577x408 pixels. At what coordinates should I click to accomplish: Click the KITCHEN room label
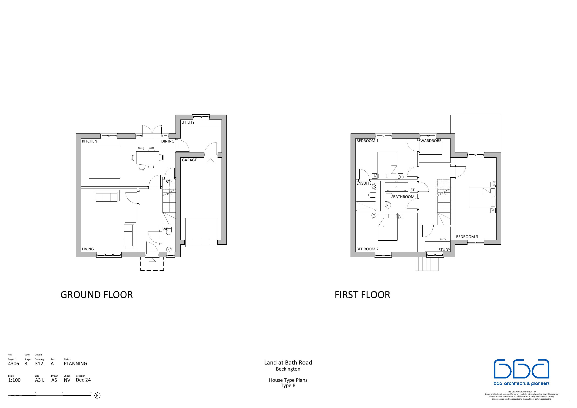click(90, 141)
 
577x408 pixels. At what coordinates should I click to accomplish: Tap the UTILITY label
click(188, 123)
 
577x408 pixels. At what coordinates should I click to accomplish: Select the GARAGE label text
click(189, 160)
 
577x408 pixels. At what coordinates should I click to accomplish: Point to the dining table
click(148, 157)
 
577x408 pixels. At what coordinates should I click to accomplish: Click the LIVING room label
click(88, 249)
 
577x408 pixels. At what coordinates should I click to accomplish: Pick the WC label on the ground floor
click(165, 229)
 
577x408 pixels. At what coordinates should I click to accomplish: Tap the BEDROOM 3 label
click(467, 237)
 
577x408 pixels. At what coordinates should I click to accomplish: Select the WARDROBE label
click(431, 141)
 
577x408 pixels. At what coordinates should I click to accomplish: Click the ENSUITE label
click(364, 183)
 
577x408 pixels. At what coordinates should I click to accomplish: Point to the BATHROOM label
click(404, 197)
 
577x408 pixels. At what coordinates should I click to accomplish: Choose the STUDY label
click(444, 250)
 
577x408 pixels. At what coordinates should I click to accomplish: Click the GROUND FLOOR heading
click(96, 295)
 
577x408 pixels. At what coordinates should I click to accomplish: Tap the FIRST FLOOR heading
click(362, 295)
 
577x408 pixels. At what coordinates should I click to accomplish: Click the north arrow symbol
click(97, 395)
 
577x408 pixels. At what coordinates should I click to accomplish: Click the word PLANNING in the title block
click(75, 364)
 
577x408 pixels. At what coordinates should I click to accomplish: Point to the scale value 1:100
click(14, 380)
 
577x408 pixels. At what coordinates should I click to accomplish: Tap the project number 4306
click(13, 364)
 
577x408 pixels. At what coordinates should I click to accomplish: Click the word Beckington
click(288, 369)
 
